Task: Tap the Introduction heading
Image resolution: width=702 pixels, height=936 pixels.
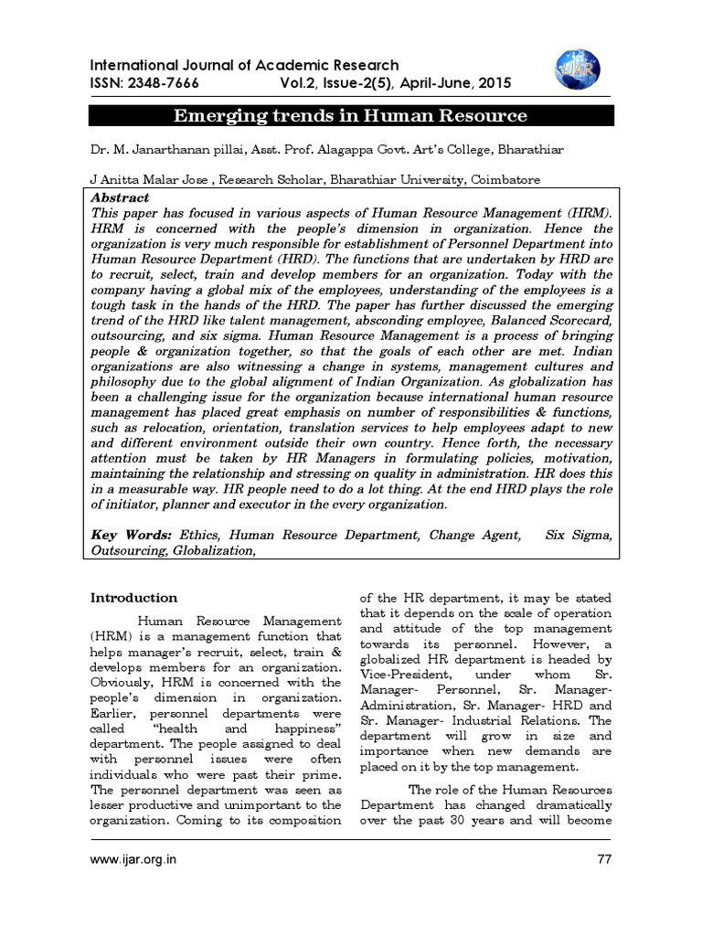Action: click(133, 598)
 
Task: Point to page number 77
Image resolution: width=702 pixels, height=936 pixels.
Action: click(602, 859)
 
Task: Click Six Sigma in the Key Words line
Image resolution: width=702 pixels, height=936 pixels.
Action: click(579, 535)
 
